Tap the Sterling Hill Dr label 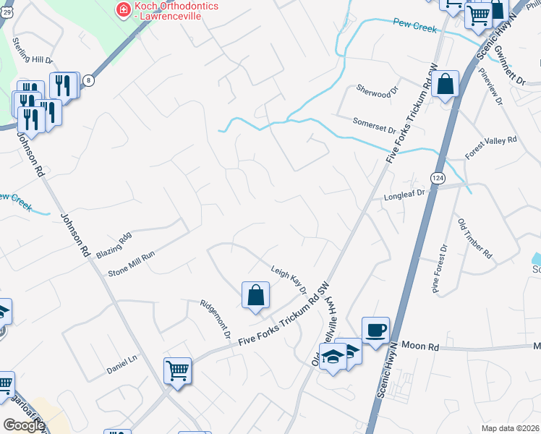(33, 61)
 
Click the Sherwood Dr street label (378, 90)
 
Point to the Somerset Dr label (374, 125)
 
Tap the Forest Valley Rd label (491, 148)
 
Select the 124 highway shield (437, 178)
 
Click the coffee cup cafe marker (375, 331)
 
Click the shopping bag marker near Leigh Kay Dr (255, 295)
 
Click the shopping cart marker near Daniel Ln (177, 371)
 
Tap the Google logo (24, 425)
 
